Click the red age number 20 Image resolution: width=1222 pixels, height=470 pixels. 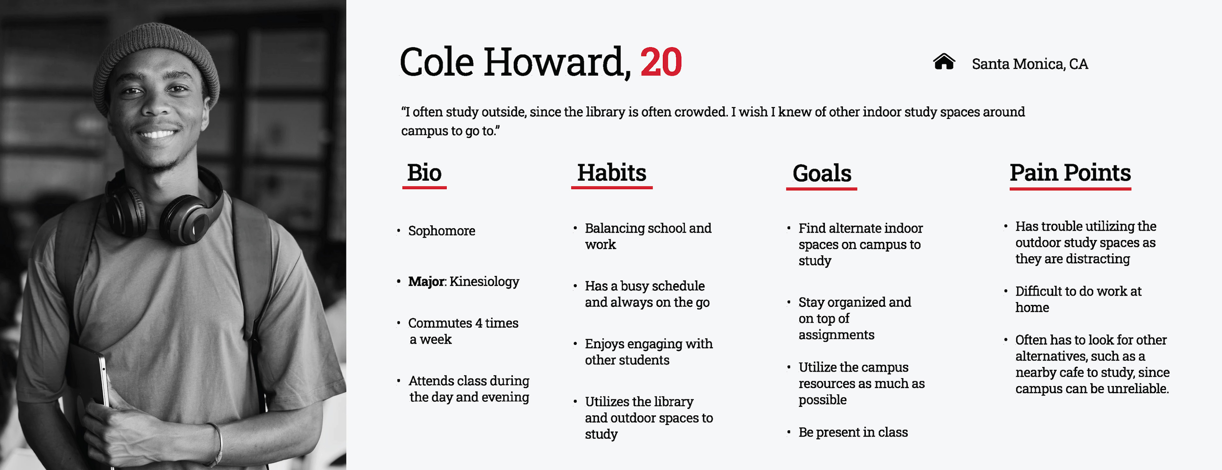click(x=661, y=62)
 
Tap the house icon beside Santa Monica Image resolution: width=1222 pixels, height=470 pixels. click(x=944, y=62)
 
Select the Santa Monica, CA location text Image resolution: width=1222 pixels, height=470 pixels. click(x=1030, y=64)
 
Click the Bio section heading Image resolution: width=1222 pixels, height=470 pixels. click(x=424, y=173)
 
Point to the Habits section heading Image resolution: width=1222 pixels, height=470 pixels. click(x=611, y=173)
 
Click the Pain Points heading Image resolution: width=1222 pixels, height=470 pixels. click(x=1070, y=173)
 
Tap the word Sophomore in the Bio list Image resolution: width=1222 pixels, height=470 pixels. click(x=442, y=231)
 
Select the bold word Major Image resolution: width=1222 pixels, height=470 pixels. click(x=426, y=281)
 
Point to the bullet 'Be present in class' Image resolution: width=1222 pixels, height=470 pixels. click(x=853, y=432)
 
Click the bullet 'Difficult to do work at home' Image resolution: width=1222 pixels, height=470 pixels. click(x=1078, y=299)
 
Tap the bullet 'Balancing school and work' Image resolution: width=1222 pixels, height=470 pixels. click(x=648, y=236)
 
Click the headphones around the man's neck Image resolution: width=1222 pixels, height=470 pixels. click(x=164, y=209)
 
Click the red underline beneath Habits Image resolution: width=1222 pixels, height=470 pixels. click(x=611, y=188)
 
